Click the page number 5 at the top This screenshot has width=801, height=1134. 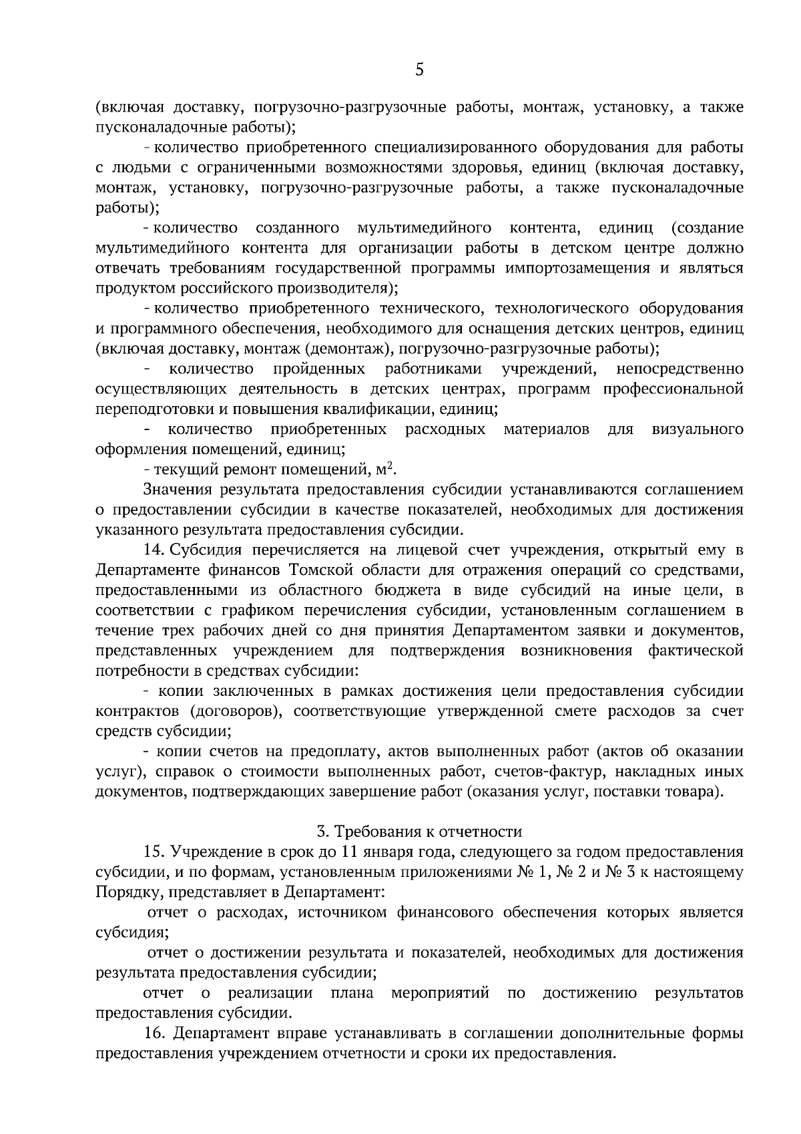click(x=419, y=69)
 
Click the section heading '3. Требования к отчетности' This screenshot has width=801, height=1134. click(x=419, y=831)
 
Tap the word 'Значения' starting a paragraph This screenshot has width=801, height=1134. click(x=176, y=490)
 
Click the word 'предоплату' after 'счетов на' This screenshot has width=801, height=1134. click(x=323, y=752)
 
